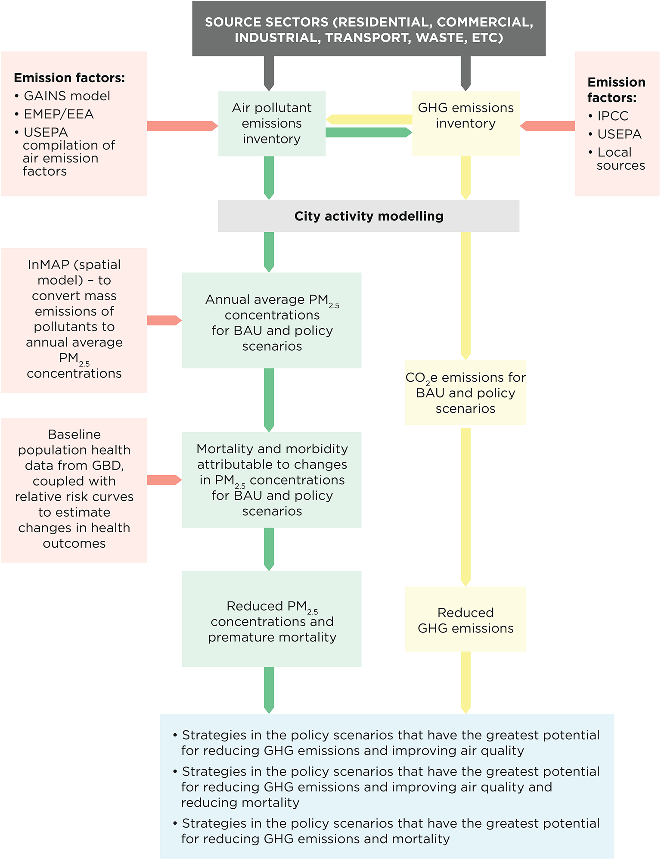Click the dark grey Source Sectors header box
369,29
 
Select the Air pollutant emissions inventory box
272,124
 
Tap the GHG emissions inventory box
465,124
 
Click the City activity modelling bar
369,216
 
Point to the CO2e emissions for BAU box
465,393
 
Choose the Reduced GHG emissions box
465,619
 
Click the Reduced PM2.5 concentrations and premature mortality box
272,619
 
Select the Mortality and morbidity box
272,480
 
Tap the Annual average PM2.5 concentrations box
272,320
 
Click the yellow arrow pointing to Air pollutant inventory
369,119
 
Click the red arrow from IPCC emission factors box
548,126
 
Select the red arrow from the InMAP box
164,320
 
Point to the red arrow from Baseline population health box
164,480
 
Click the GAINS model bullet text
67,96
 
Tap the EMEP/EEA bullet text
59,114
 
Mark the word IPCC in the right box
613,116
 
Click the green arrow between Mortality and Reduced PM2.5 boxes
269,549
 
